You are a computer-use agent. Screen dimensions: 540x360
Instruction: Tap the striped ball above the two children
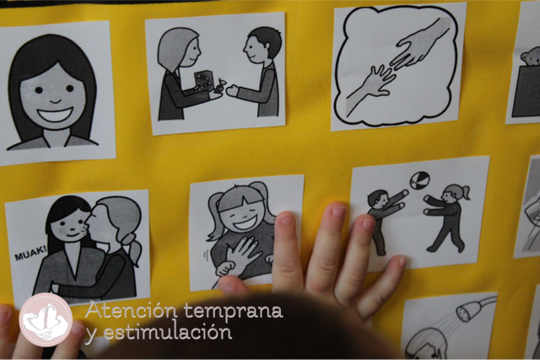click(420, 180)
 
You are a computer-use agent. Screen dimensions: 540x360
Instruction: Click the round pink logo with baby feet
click(46, 320)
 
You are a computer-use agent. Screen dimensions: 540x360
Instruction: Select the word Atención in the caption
click(132, 311)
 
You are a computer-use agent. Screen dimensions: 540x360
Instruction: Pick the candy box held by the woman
click(202, 80)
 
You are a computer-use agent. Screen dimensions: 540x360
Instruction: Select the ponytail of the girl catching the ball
click(467, 192)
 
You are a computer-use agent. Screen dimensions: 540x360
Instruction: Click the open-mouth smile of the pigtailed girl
click(245, 223)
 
